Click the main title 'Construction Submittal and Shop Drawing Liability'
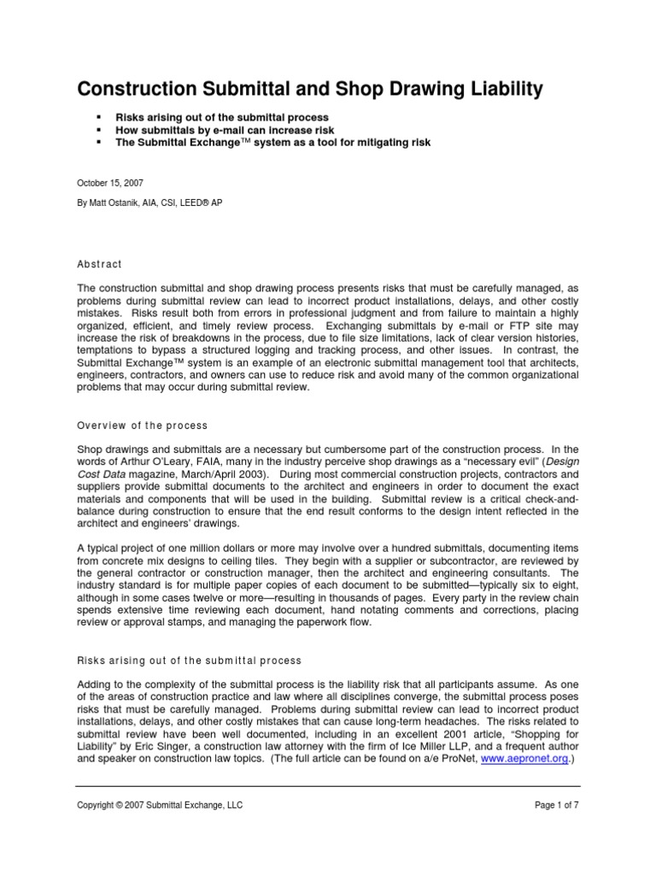click(x=310, y=88)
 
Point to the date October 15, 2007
click(x=107, y=182)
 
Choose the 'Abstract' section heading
click(x=100, y=264)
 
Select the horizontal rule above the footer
click(x=327, y=786)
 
